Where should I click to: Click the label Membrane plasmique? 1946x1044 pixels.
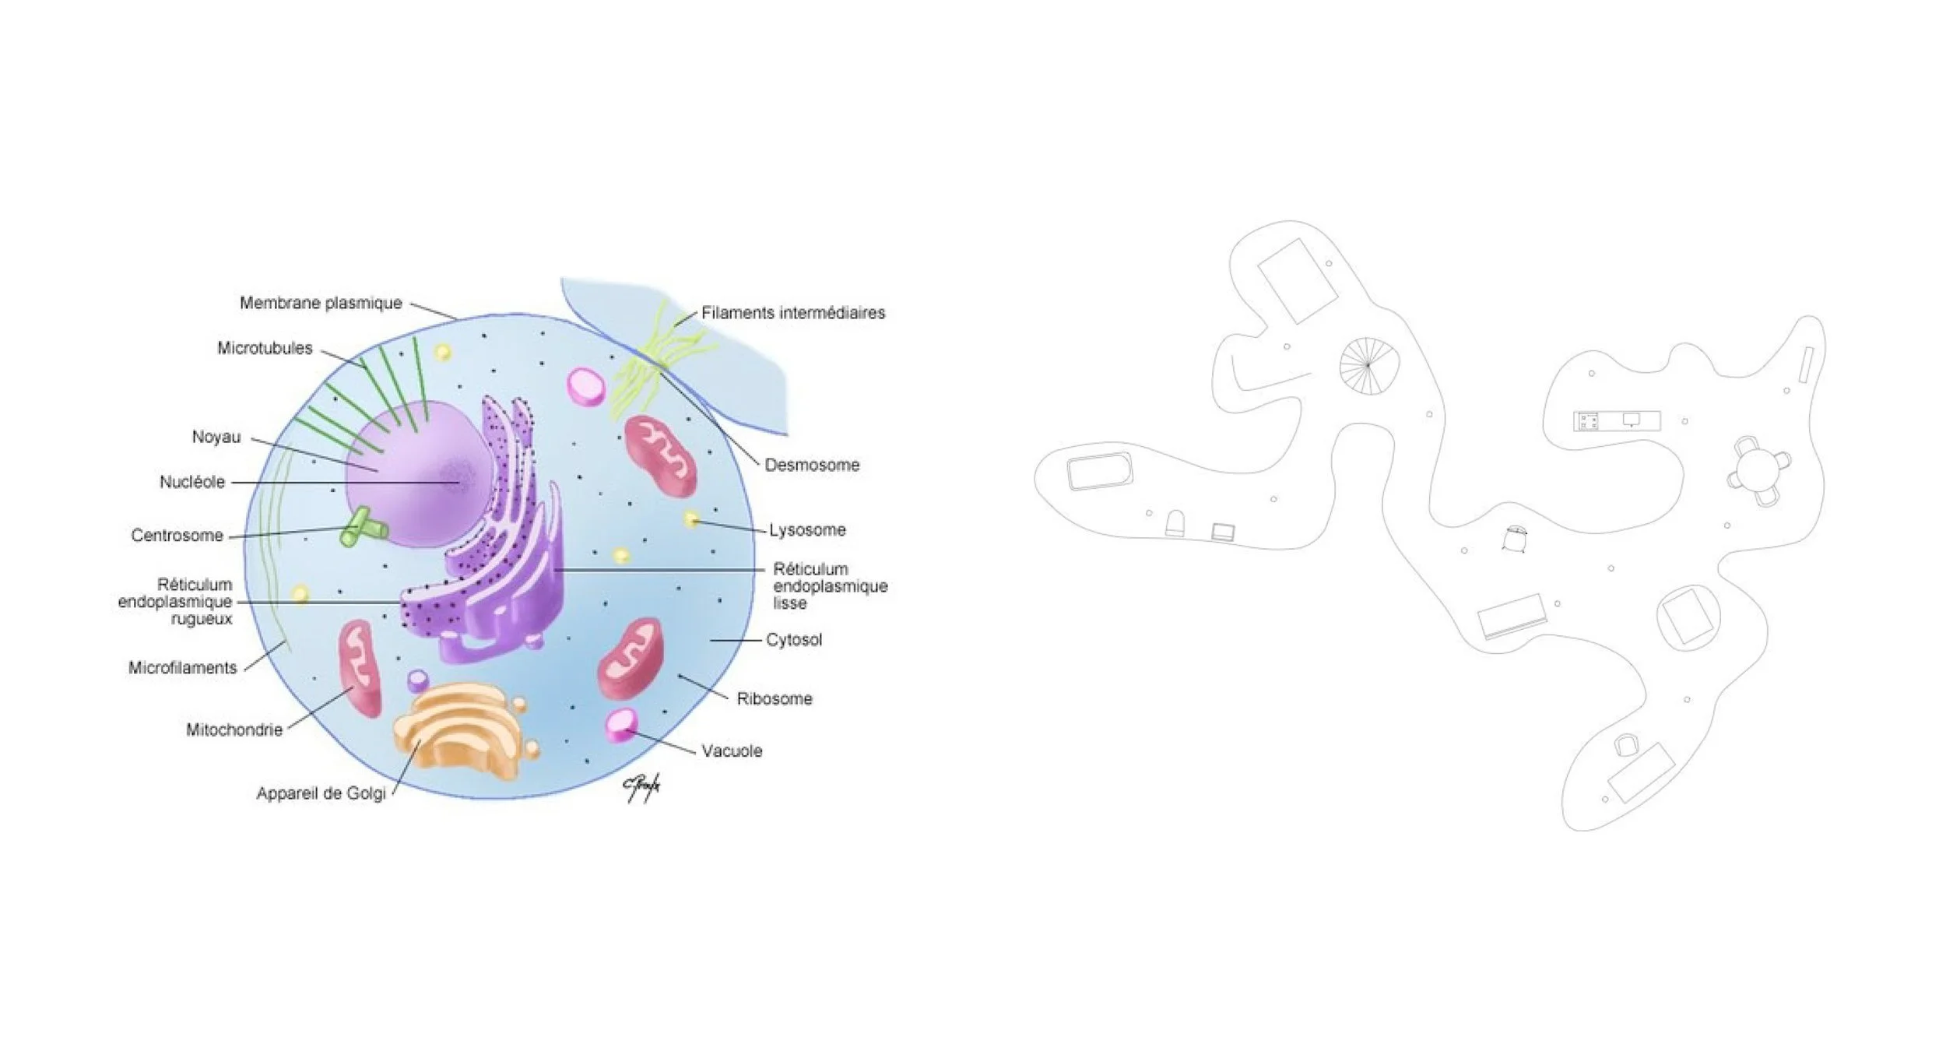click(x=321, y=303)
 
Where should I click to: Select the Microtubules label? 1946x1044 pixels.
click(x=265, y=348)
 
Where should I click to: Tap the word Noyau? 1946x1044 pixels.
click(x=216, y=437)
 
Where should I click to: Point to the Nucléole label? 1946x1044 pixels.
click(x=192, y=482)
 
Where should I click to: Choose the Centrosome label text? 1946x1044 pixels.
click(x=177, y=536)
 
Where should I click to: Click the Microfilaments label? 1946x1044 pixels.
click(x=182, y=668)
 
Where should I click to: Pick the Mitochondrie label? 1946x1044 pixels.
click(x=234, y=730)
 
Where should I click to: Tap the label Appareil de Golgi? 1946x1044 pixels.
click(x=321, y=794)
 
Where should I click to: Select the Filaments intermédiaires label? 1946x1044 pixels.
click(x=793, y=313)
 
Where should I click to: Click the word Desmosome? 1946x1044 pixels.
click(x=812, y=465)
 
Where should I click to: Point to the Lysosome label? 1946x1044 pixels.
click(x=807, y=530)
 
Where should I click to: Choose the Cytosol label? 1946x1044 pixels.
click(x=794, y=640)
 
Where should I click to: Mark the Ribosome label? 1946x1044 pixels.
click(x=775, y=699)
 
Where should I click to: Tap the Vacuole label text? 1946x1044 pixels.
click(x=732, y=751)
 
